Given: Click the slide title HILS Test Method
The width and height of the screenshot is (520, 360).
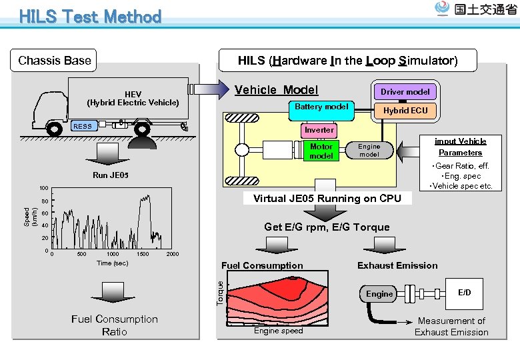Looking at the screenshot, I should pos(91,17).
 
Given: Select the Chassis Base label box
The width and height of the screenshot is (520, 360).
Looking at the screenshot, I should pos(55,61).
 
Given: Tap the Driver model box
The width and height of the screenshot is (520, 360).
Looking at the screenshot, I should pos(405,92).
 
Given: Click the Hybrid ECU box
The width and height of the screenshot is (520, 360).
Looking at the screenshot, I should pos(405,110).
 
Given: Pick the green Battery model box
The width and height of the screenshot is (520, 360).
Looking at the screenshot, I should pos(321,107).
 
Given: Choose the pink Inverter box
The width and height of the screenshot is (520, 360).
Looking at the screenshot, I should pos(319,130).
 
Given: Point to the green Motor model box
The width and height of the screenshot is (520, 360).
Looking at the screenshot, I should pos(321,151).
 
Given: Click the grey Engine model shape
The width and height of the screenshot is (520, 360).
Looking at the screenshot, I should pos(369,151).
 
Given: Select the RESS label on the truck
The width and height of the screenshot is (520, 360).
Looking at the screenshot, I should pos(83,126).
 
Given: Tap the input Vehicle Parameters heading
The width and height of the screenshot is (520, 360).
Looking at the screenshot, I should pos(460,147).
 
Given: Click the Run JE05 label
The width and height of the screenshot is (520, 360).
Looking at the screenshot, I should pos(111,176).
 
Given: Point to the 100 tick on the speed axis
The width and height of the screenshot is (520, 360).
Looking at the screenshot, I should pos(43,189).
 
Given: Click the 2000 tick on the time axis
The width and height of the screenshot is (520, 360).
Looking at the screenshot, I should pos(172,255).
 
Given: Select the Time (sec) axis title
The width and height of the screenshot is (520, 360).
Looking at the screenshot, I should pos(113,263).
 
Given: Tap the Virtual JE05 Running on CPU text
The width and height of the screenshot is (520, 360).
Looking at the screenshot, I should pos(327,198).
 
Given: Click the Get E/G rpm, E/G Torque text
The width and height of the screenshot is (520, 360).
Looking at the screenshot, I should pos(327,227).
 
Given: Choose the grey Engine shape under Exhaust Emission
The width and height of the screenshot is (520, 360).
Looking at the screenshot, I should pos(379,294).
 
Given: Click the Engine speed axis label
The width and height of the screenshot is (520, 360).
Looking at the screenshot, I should pos(278,331).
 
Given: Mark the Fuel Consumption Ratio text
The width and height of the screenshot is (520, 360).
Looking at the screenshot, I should pos(114,325).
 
